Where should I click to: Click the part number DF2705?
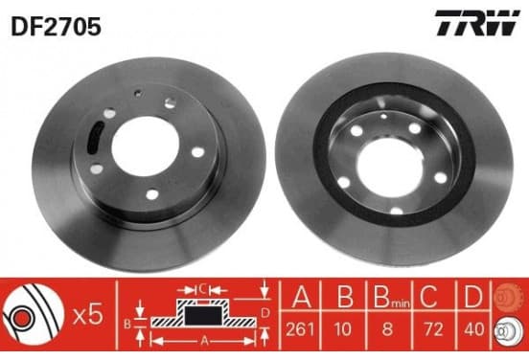point(56,27)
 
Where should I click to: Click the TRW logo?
point(477,23)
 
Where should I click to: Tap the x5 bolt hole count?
point(88,315)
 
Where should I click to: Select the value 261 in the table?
point(300,329)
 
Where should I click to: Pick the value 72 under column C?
point(433,329)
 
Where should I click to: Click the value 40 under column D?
point(474,329)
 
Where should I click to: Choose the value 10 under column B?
point(343,329)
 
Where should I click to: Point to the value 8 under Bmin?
point(387,329)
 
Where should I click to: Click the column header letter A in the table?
point(302,296)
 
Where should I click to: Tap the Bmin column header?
point(392,297)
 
